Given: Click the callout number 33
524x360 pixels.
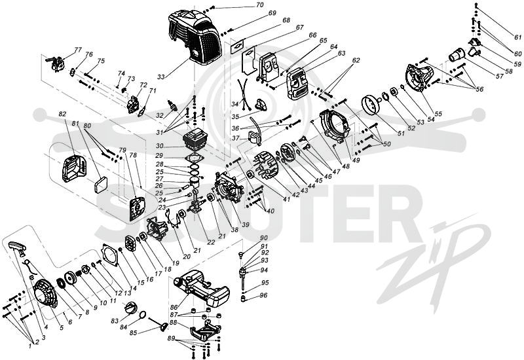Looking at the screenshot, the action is coord(161,77).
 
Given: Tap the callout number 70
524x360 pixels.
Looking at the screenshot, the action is coord(259,5).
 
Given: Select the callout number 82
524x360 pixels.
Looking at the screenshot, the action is coord(62,114).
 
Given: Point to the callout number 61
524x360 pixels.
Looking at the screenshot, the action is coord(517,37).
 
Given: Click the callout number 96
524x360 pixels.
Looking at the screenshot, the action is coord(264,296).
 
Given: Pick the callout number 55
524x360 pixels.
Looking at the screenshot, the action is coord(438,114).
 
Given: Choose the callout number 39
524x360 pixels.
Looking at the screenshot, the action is coord(246,225).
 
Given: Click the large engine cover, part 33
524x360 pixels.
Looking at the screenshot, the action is coord(194,37).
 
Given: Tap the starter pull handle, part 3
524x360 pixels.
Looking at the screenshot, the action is coord(17,248).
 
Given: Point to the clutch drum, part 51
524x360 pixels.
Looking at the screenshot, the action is coord(371,104).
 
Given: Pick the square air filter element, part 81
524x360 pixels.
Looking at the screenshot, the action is coord(100,185).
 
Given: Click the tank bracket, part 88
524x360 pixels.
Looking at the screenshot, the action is coord(206,330).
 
